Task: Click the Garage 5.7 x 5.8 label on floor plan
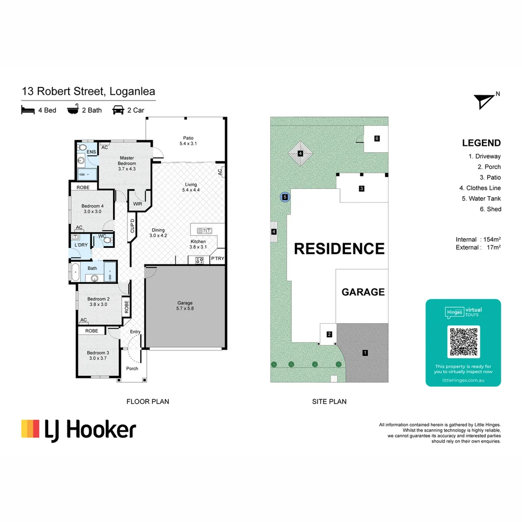[x=185, y=305]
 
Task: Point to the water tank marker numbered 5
[x=285, y=197]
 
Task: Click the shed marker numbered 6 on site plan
[x=377, y=139]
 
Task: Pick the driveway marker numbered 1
[x=365, y=353]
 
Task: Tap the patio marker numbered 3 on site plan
[x=361, y=188]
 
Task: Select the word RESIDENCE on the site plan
[x=339, y=248]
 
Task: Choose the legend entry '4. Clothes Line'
[x=480, y=188]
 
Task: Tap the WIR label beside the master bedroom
[x=137, y=204]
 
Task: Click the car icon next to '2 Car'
[x=117, y=110]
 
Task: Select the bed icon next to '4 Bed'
[x=29, y=110]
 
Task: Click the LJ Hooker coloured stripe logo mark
[x=30, y=429]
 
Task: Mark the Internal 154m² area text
[x=478, y=240]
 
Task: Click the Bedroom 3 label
[x=97, y=355]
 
